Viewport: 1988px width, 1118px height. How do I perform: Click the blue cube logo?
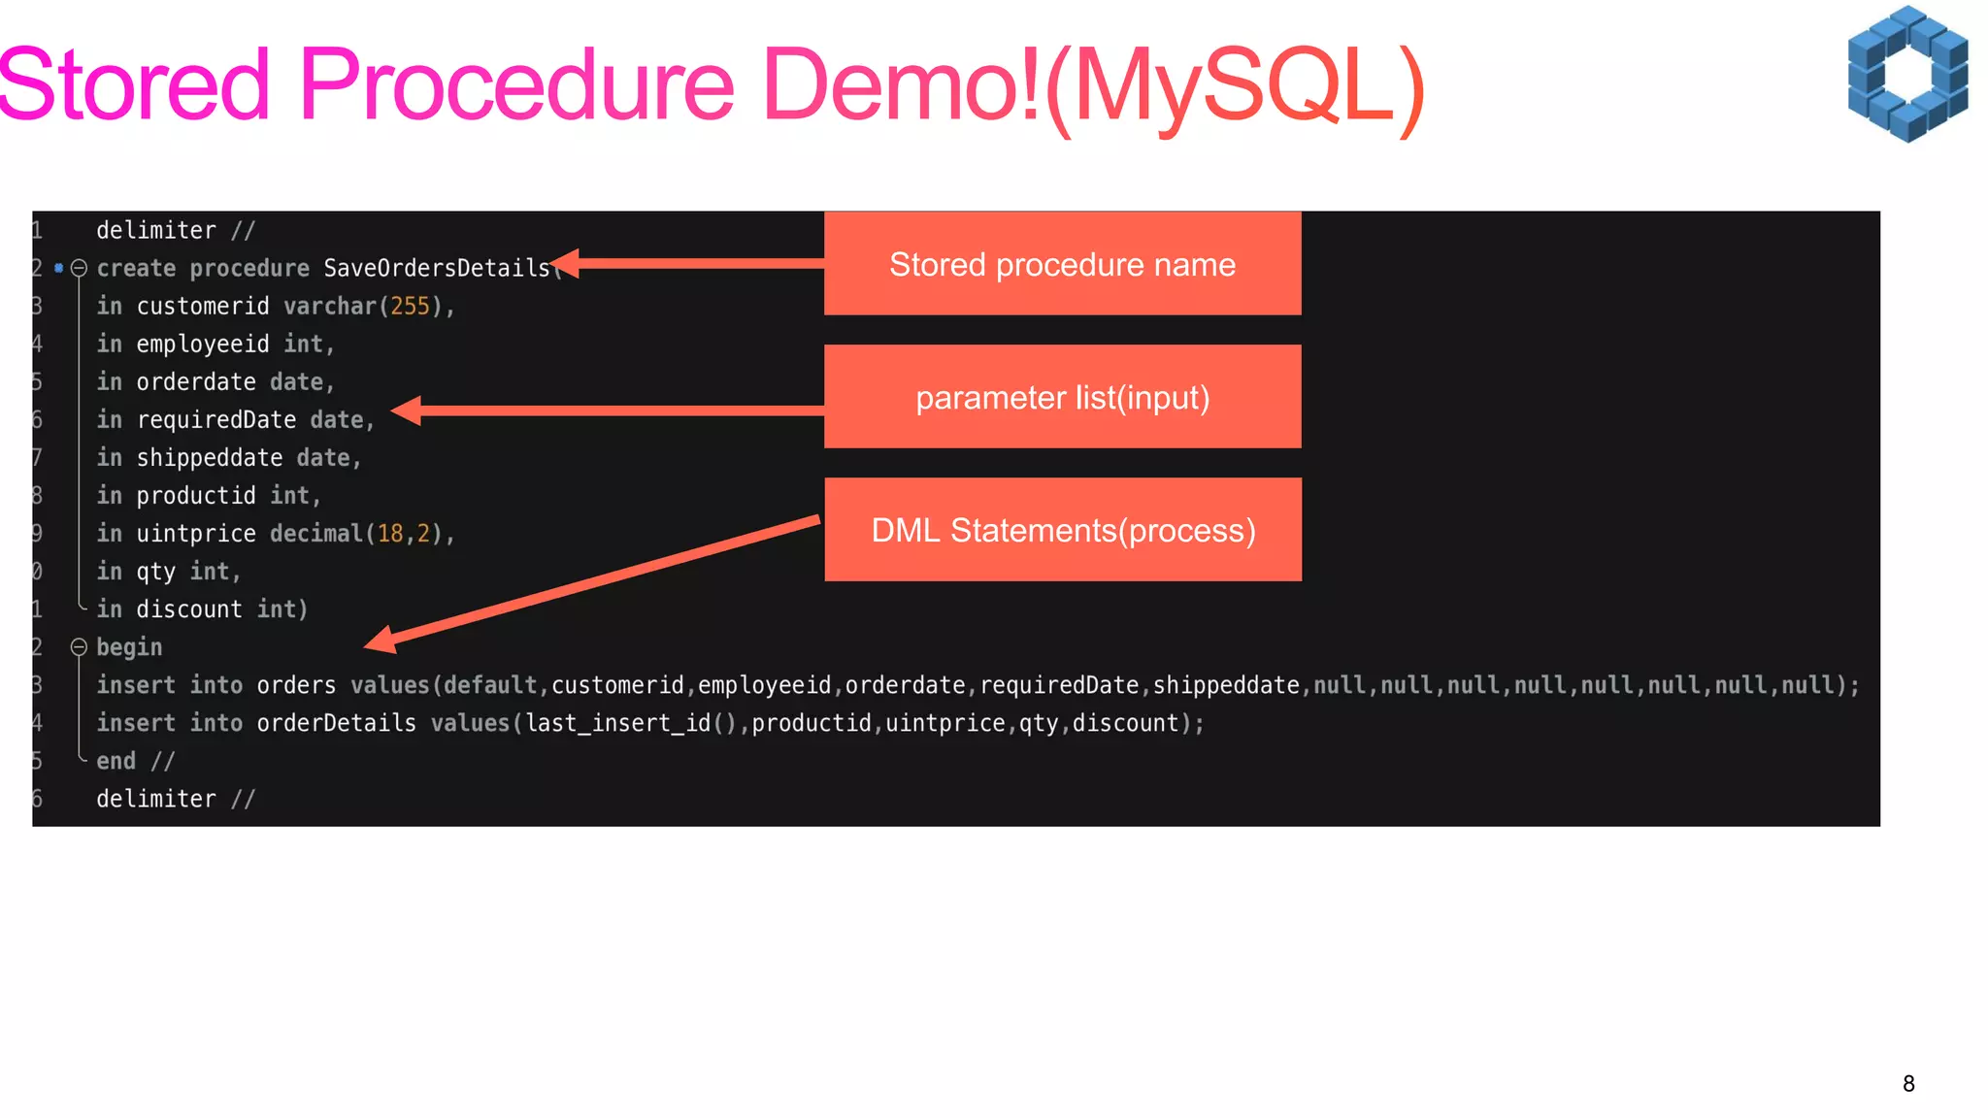pos(1907,74)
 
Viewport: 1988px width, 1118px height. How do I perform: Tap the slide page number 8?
pos(1908,1084)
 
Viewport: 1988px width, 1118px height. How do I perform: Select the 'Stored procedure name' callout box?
pos(1062,264)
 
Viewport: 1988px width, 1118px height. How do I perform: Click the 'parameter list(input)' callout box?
pos(1062,397)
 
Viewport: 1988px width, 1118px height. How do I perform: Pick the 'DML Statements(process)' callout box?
pos(1063,530)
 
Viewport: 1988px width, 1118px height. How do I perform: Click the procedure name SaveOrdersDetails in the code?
pos(437,268)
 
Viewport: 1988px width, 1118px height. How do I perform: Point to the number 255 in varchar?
pos(410,307)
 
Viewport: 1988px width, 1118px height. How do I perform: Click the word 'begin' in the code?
pos(129,647)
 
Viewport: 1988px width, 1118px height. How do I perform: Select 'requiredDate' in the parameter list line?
pos(216,420)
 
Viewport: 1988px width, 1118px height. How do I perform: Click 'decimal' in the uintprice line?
pos(315,534)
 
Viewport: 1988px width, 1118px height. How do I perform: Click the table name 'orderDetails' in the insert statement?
pos(336,723)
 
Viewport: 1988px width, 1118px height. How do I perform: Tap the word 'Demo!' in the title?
pos(902,85)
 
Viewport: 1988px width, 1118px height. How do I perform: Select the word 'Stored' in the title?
pos(134,85)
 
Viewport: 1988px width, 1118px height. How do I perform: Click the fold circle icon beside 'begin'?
pos(80,647)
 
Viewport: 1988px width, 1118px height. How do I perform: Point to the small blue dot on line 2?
pos(59,268)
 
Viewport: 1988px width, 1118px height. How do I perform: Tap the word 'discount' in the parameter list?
pos(189,609)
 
